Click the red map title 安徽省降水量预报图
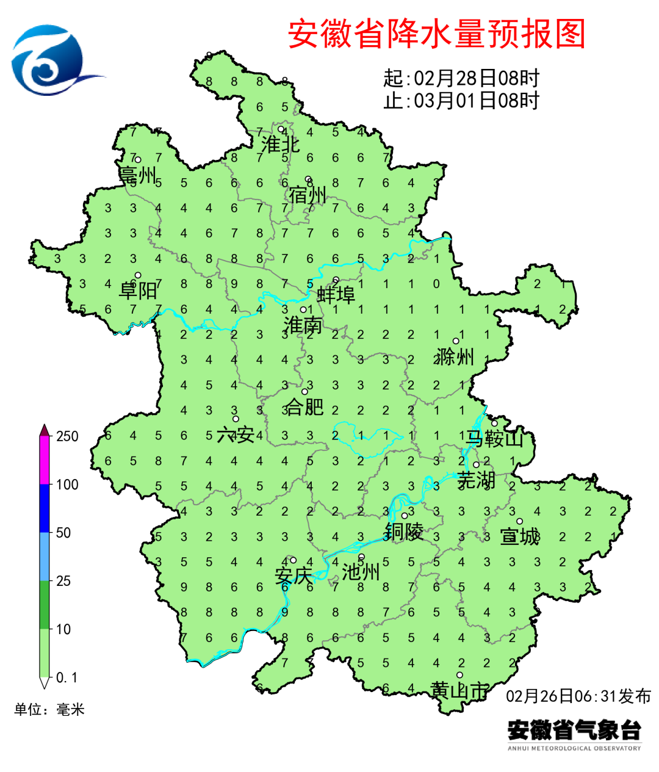point(437,34)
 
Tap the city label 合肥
point(304,406)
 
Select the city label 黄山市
point(459,691)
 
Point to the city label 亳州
point(138,175)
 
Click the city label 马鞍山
point(495,438)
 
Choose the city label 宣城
point(520,536)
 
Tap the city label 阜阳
point(138,290)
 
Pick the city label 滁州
point(455,356)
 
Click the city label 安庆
point(293,575)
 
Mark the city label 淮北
point(280,145)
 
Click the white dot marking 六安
point(236,419)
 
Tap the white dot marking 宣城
point(519,521)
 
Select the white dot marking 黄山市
point(459,675)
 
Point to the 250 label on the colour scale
point(67,436)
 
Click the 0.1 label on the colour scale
point(67,677)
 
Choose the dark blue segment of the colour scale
point(44,508)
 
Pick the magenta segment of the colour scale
point(44,461)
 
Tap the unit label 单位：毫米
point(49,709)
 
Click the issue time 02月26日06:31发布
point(578,696)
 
